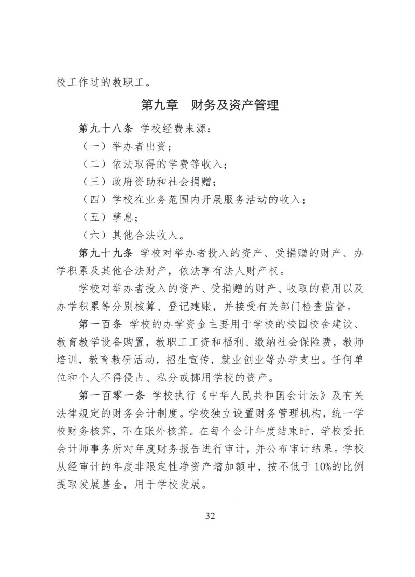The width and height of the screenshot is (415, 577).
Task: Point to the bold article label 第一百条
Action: click(x=99, y=324)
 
